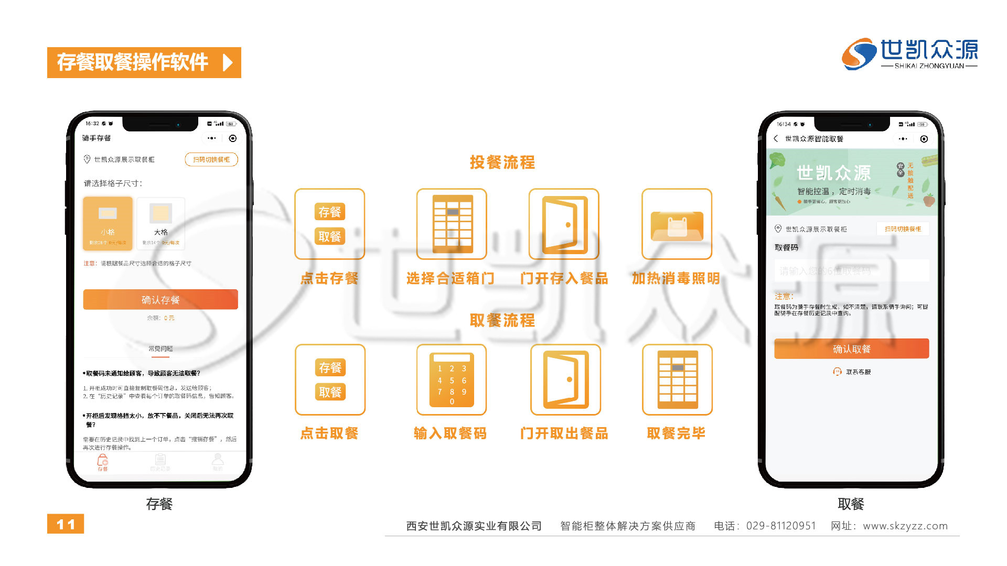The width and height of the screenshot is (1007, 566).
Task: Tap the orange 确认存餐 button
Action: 160,299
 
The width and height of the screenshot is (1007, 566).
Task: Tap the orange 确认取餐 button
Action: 851,349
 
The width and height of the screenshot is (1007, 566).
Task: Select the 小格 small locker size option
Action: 108,223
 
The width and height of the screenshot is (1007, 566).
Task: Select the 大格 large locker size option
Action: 160,223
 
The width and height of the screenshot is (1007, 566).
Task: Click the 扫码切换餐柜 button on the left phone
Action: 211,159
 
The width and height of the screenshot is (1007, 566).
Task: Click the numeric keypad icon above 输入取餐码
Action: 452,380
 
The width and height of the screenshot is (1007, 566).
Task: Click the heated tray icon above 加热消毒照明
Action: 677,224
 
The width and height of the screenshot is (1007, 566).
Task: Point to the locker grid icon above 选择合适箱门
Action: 452,224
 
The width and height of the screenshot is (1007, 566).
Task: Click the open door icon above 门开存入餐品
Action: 564,224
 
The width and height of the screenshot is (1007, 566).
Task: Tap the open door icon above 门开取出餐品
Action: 565,380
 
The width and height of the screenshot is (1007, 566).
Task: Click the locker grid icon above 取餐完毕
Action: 677,380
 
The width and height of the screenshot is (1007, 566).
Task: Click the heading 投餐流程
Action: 502,162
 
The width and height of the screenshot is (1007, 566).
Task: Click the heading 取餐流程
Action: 502,320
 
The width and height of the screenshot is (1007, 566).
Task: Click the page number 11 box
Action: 66,524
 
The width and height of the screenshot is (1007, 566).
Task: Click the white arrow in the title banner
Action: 228,62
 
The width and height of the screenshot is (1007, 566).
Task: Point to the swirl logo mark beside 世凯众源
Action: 859,53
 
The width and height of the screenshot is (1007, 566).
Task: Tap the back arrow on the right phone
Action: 776,139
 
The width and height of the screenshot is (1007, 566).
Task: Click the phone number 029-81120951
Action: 781,526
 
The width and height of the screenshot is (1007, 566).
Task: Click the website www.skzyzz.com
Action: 905,526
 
